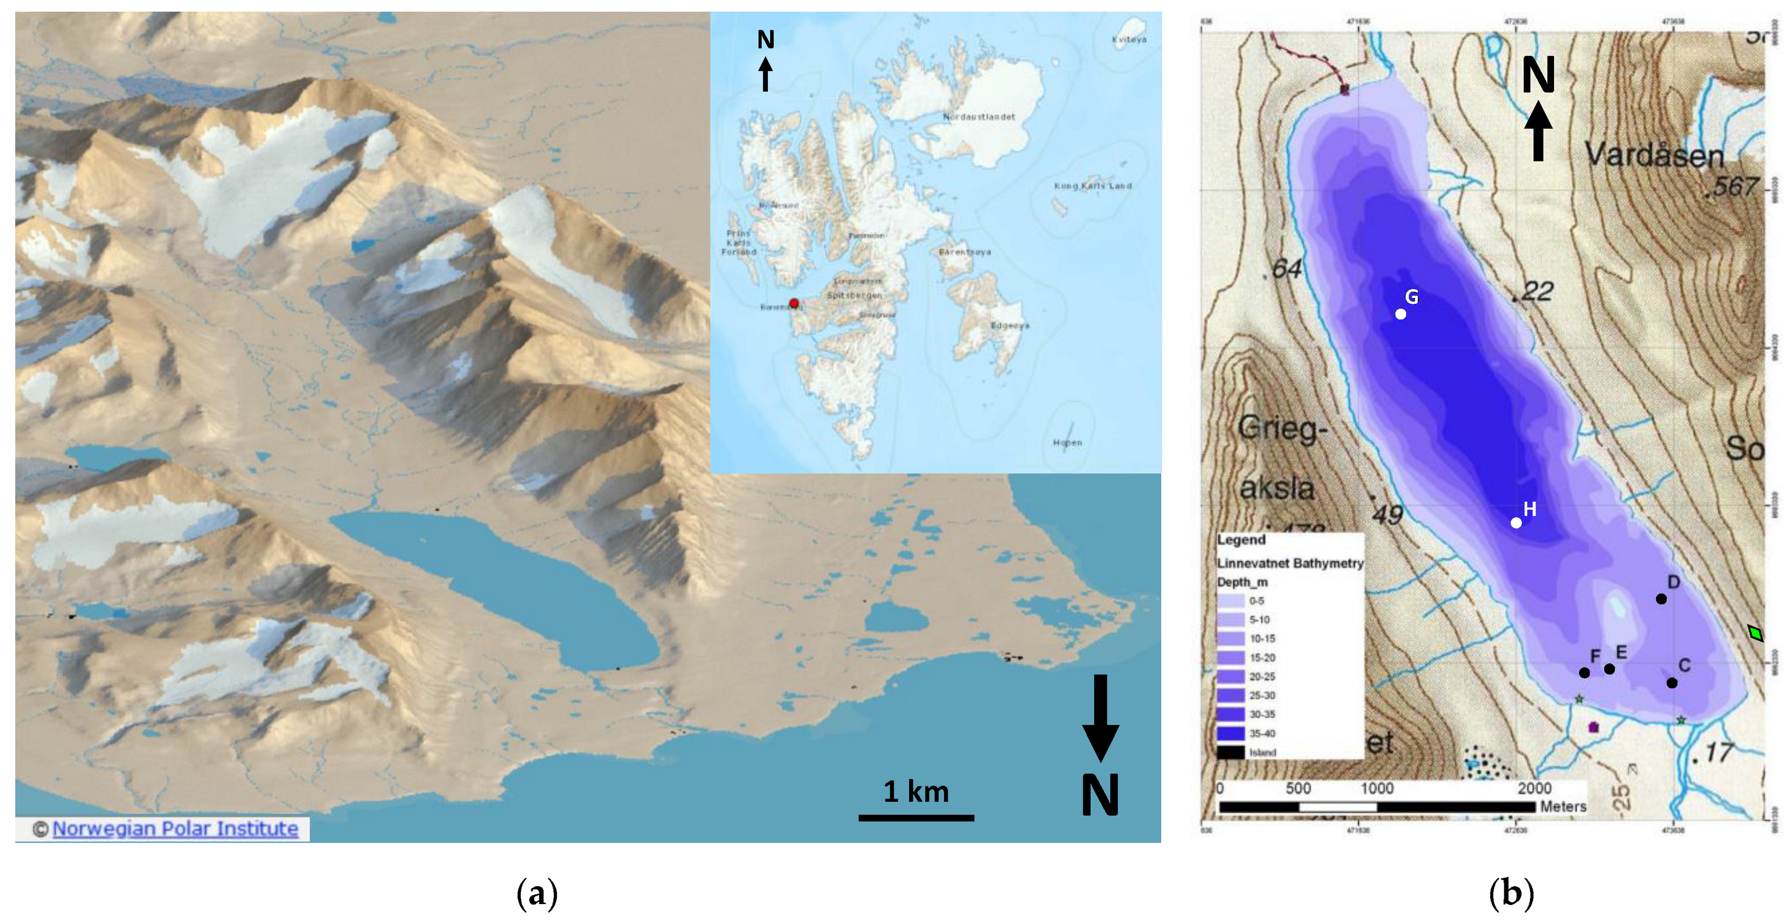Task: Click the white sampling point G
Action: coord(1401,314)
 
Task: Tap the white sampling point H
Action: coord(1517,523)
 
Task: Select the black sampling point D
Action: coord(1661,599)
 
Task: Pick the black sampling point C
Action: coord(1672,683)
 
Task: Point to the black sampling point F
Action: coord(1584,672)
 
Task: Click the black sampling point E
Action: coord(1609,669)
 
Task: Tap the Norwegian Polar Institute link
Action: coord(175,828)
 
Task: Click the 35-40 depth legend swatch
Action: coord(1230,733)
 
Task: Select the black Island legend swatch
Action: coord(1230,752)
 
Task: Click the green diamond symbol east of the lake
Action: coord(1756,633)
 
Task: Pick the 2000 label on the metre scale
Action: coord(1534,788)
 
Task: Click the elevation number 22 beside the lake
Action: coord(1537,292)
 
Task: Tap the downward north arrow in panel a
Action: coord(1100,718)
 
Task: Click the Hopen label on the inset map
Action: coord(1067,442)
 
